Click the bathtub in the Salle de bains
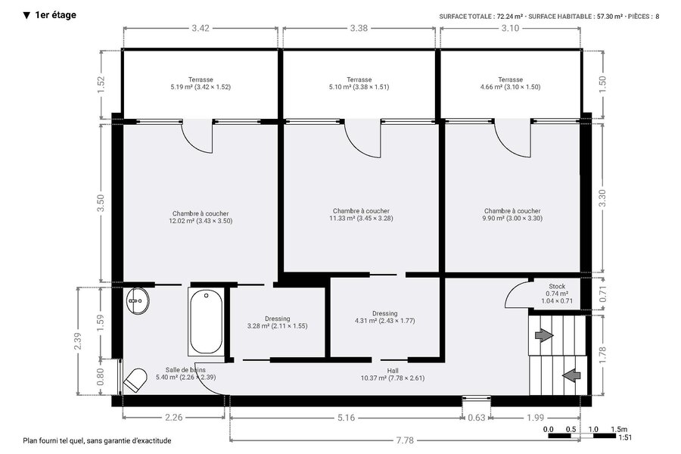(x=206, y=322)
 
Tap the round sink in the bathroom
(x=138, y=300)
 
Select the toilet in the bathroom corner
(x=135, y=380)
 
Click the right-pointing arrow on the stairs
(x=544, y=335)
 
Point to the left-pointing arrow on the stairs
(x=571, y=375)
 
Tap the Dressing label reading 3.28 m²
(x=277, y=322)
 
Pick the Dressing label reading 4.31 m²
(x=385, y=317)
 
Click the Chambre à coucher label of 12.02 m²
(x=201, y=217)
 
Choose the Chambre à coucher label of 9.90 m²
(x=512, y=215)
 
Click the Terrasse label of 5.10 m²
(x=359, y=83)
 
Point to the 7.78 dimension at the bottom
(x=405, y=440)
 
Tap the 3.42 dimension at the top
(x=201, y=28)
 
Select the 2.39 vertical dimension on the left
(x=78, y=341)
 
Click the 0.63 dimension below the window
(x=477, y=418)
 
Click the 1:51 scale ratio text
(x=626, y=438)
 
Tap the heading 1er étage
(x=50, y=15)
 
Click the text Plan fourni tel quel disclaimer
(x=97, y=440)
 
